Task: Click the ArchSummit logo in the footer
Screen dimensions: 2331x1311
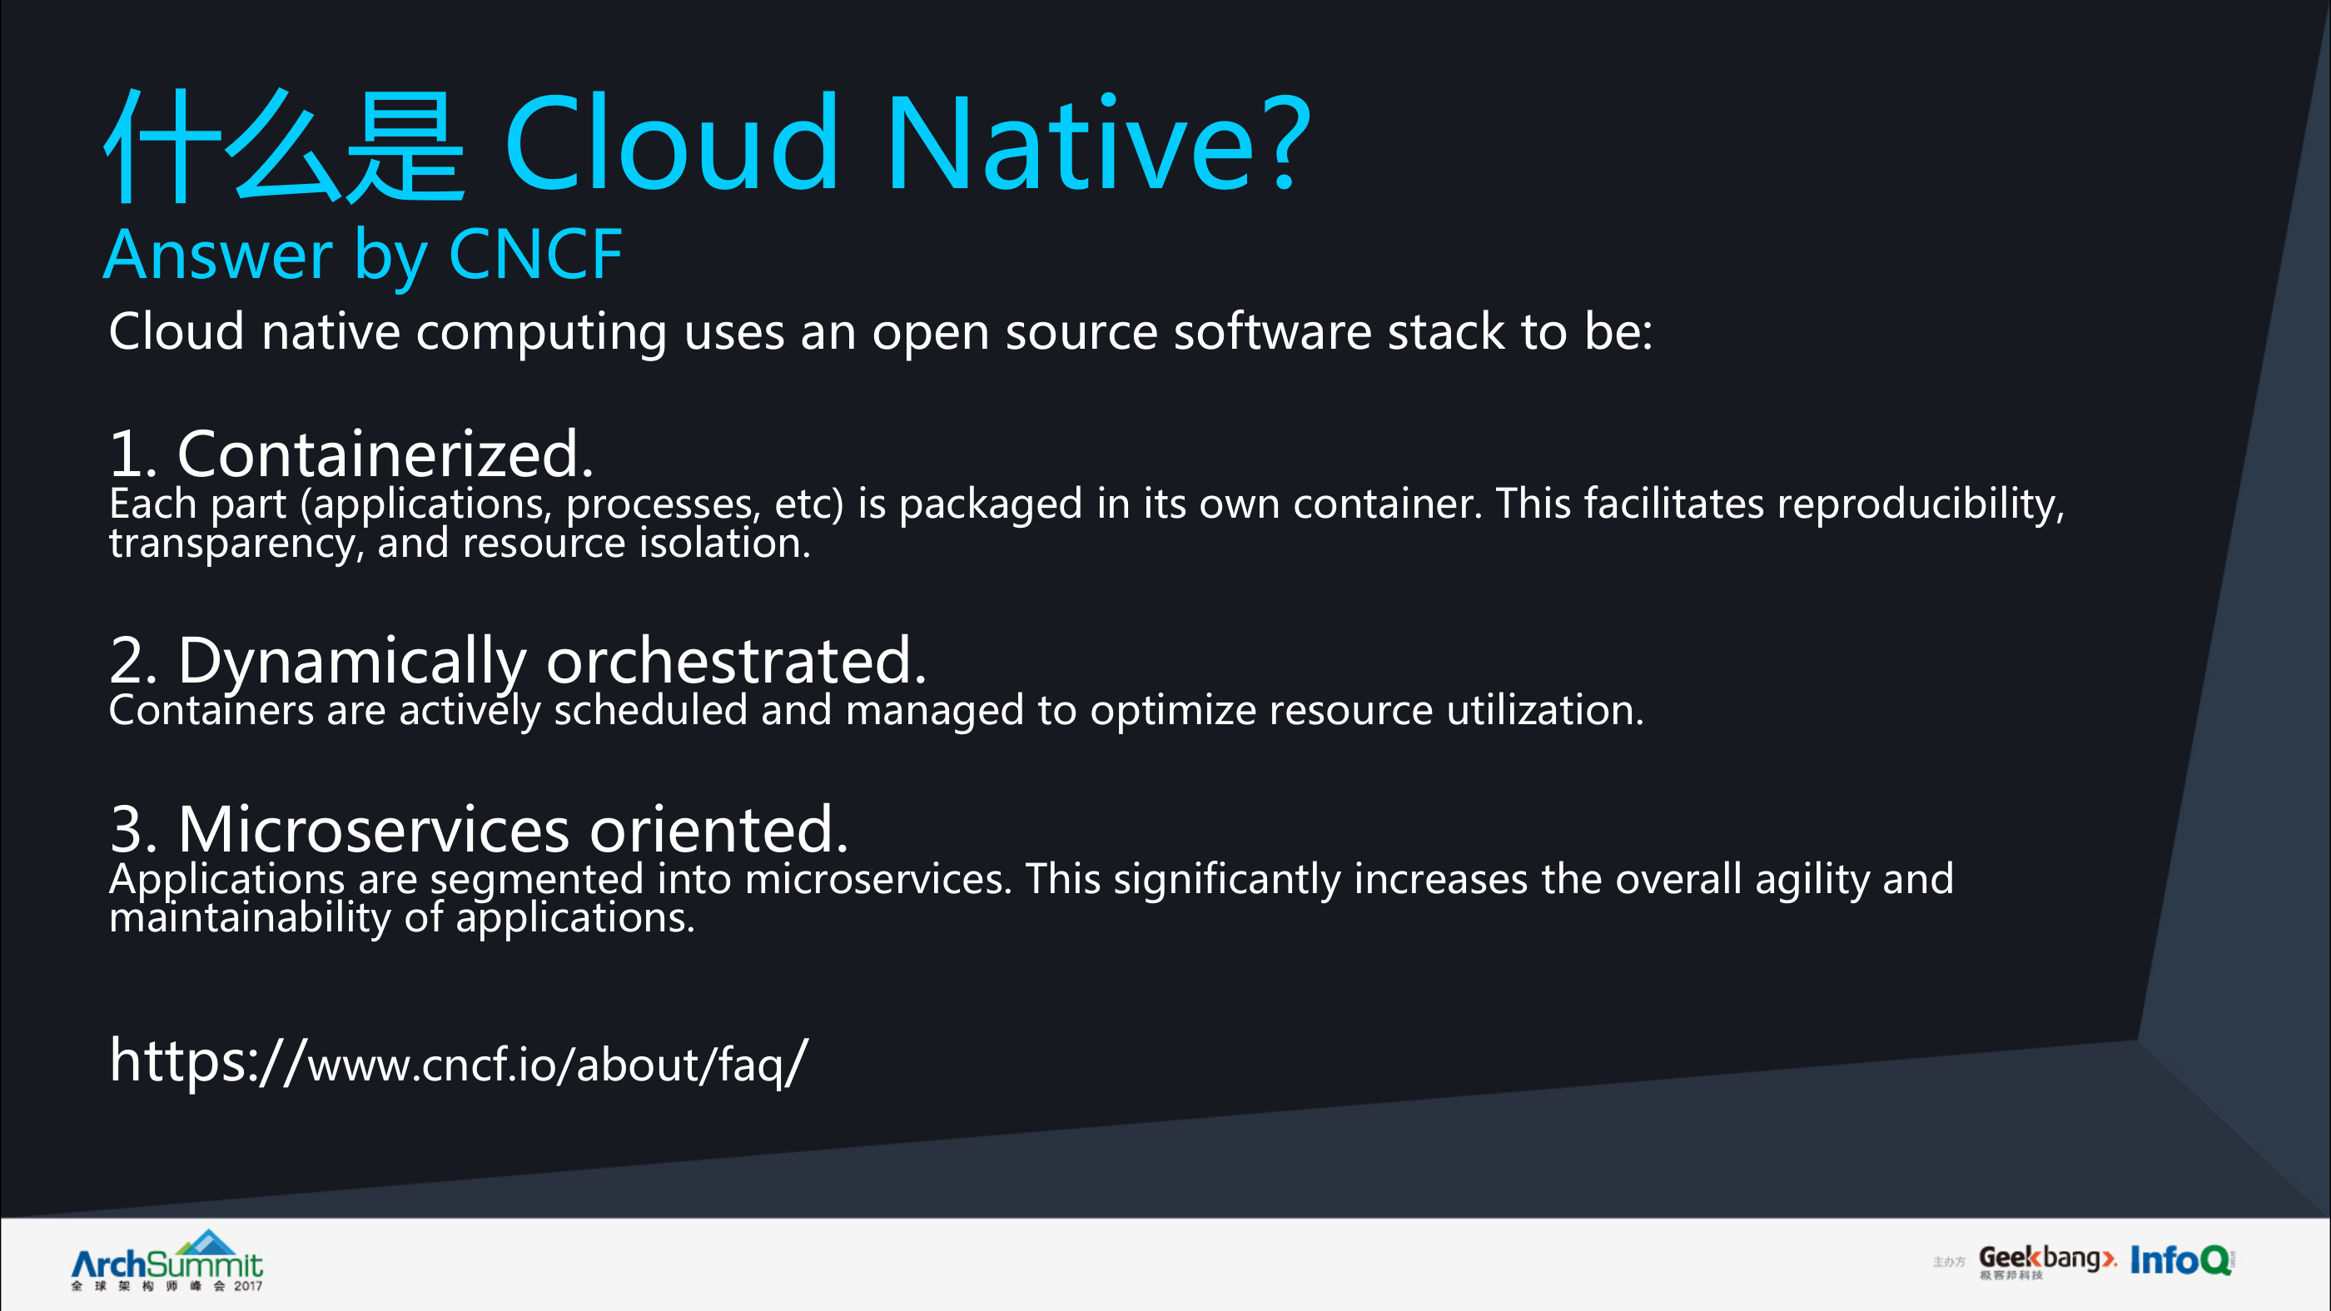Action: click(167, 1260)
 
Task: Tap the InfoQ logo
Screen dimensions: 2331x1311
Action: click(2181, 1259)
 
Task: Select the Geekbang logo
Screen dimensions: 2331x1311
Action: click(2047, 1261)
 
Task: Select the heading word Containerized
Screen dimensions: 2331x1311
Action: click(385, 454)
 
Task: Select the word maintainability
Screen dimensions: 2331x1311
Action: click(250, 917)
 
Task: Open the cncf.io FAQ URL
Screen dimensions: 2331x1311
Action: click(458, 1061)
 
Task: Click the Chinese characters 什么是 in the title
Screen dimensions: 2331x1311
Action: click(285, 146)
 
